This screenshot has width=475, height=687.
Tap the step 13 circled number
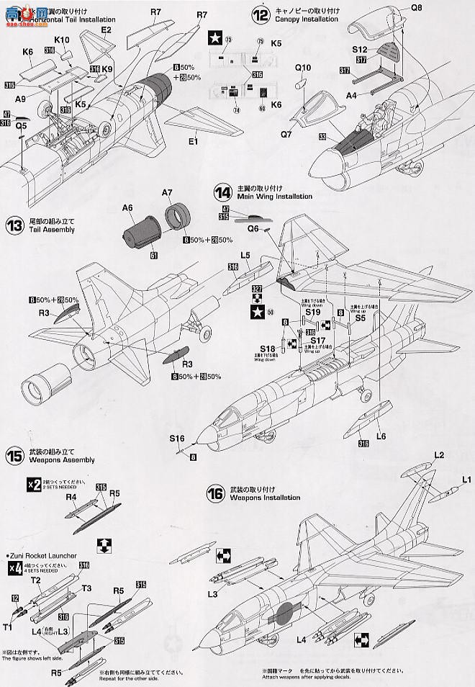(x=15, y=225)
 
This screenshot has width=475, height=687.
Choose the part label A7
(x=168, y=192)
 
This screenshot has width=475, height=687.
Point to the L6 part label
(x=381, y=436)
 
